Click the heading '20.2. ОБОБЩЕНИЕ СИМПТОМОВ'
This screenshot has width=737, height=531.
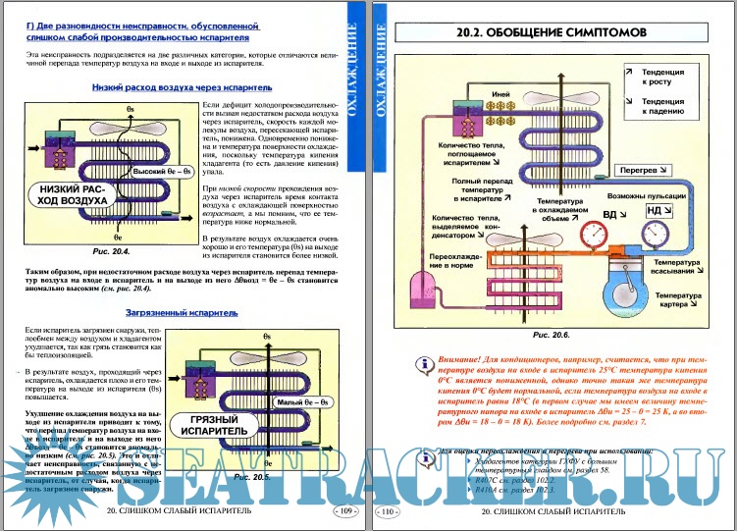click(x=552, y=32)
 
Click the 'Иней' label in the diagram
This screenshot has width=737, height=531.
click(x=498, y=94)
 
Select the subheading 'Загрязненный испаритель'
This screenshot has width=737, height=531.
click(x=175, y=313)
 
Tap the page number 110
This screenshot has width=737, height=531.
click(x=387, y=511)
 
